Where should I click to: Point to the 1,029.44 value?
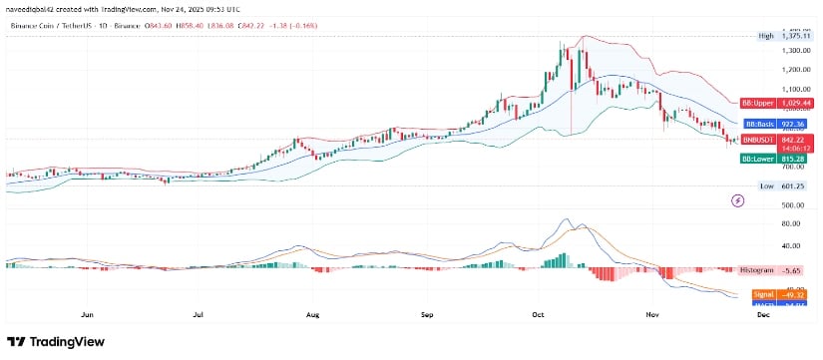pyautogui.click(x=796, y=103)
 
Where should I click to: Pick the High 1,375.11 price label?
pyautogui.click(x=781, y=35)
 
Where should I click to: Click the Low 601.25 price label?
pyautogui.click(x=781, y=185)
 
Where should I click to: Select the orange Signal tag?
pyautogui.click(x=762, y=295)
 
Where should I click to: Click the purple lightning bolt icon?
pyautogui.click(x=738, y=200)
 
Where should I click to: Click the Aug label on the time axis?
pyautogui.click(x=313, y=314)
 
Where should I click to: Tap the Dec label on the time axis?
pyautogui.click(x=763, y=314)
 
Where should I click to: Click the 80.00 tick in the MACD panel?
pyautogui.click(x=795, y=224)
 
